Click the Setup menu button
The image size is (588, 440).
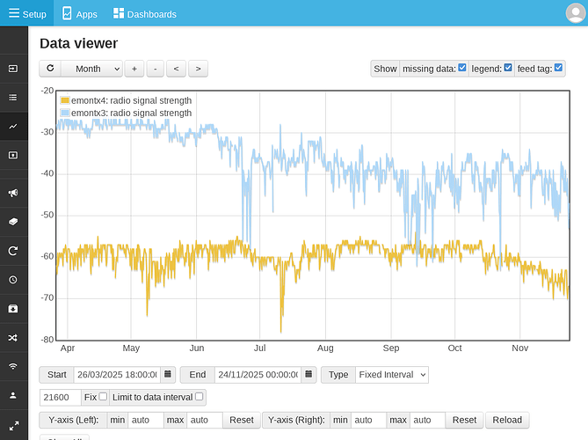pyautogui.click(x=26, y=14)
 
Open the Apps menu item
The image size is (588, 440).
pyautogui.click(x=79, y=14)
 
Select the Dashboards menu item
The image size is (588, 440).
pyautogui.click(x=145, y=14)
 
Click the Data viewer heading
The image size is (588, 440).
pyautogui.click(x=78, y=43)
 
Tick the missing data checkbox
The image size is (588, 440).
pyautogui.click(x=462, y=68)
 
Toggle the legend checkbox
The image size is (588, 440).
pyautogui.click(x=508, y=68)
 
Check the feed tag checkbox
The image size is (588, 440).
pyautogui.click(x=559, y=68)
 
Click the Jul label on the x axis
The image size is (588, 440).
pyautogui.click(x=260, y=348)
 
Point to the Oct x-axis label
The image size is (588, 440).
pyautogui.click(x=454, y=348)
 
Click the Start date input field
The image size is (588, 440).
pyautogui.click(x=116, y=375)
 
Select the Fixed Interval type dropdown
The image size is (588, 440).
pyautogui.click(x=391, y=375)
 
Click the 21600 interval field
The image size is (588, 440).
pyautogui.click(x=59, y=397)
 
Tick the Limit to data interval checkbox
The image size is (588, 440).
pyautogui.click(x=200, y=397)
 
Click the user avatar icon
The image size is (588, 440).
pyautogui.click(x=575, y=13)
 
